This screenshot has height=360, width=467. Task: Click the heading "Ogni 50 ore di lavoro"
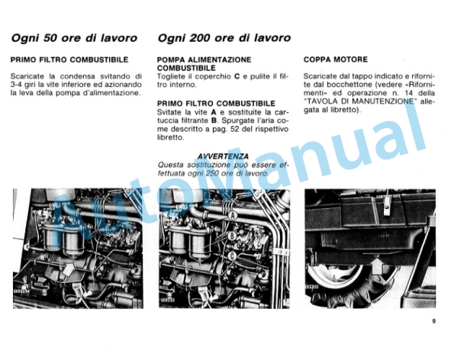tap(74, 37)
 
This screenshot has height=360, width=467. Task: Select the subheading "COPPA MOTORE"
tap(335, 59)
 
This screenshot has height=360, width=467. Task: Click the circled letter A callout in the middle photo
tap(231, 217)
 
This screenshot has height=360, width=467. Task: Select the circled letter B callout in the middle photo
tap(232, 237)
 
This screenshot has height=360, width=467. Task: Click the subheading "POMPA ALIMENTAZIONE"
tap(203, 59)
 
